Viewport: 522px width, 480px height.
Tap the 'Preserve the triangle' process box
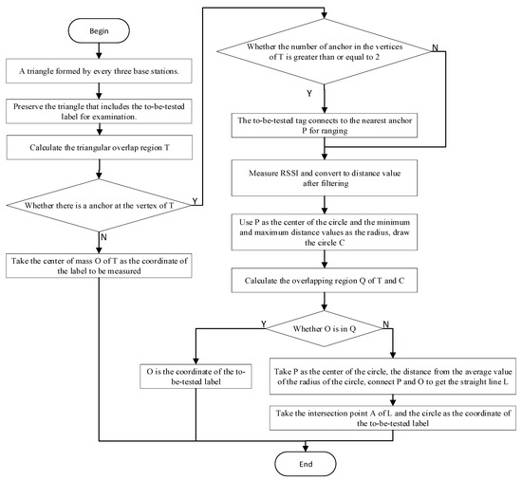[x=99, y=111]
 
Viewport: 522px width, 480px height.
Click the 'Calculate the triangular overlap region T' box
[x=99, y=146]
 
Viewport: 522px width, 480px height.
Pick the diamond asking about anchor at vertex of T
[x=99, y=202]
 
